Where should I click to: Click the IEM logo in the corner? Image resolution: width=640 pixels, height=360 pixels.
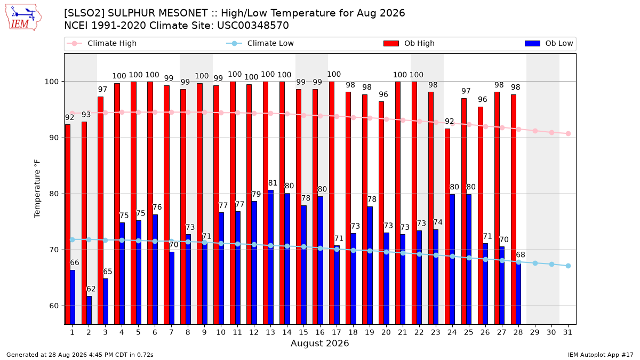pyautogui.click(x=23, y=18)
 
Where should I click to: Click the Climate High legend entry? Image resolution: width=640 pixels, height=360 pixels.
pyautogui.click(x=102, y=43)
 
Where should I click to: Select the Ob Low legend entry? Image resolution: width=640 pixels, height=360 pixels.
pyautogui.click(x=549, y=43)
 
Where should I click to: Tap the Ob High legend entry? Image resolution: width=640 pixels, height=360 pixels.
pyautogui.click(x=409, y=43)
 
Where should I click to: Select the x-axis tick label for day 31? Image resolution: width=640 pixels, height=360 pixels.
pyautogui.click(x=567, y=332)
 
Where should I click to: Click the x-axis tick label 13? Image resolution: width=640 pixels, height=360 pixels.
pyautogui.click(x=270, y=332)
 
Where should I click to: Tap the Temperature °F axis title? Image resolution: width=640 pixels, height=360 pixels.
pyautogui.click(x=37, y=189)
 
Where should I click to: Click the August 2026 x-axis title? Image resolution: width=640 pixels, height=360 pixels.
pyautogui.click(x=319, y=343)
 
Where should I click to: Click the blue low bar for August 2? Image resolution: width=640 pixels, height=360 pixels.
pyautogui.click(x=89, y=310)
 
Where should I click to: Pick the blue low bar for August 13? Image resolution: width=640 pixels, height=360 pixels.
pyautogui.click(x=270, y=257)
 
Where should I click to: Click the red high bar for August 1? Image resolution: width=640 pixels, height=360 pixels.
pyautogui.click(x=68, y=225)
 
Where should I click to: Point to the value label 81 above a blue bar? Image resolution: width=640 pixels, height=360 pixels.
pyautogui.click(x=273, y=183)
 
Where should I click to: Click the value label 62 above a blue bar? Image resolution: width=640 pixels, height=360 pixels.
pyautogui.click(x=91, y=289)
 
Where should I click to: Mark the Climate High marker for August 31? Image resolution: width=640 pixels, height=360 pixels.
pyautogui.click(x=568, y=134)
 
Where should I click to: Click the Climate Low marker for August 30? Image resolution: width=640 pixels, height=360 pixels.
pyautogui.click(x=551, y=265)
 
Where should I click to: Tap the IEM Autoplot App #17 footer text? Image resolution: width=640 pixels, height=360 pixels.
pyautogui.click(x=601, y=355)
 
